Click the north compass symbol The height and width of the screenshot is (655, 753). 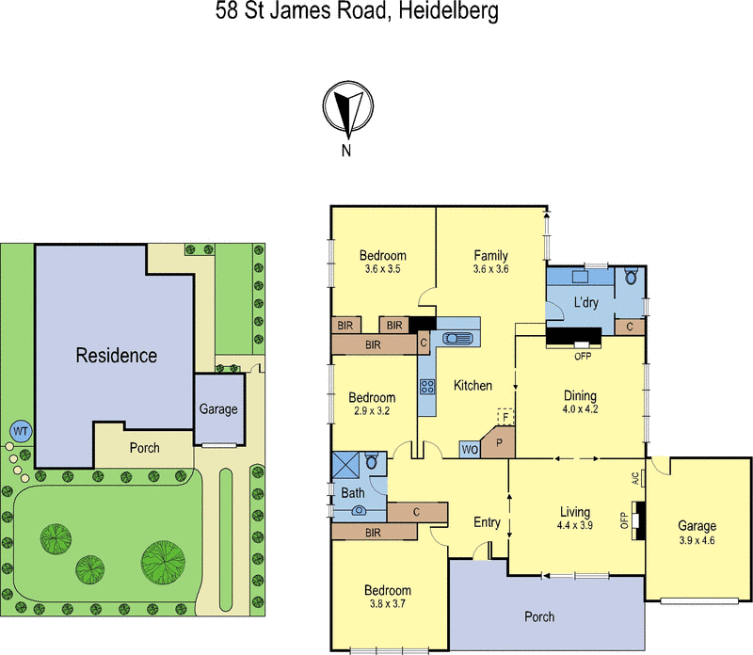(347, 109)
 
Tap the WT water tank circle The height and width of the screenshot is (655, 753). (20, 432)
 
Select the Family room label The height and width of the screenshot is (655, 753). (490, 256)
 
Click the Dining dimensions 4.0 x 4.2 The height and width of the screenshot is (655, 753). (580, 409)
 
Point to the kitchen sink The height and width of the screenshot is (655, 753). (460, 340)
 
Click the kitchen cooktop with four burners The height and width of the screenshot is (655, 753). (427, 386)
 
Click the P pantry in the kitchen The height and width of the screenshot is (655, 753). (499, 440)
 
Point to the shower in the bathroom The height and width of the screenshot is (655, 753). (344, 466)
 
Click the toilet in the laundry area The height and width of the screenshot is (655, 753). (631, 277)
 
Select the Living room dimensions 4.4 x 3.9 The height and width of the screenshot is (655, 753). (574, 525)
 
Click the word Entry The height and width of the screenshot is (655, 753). (488, 523)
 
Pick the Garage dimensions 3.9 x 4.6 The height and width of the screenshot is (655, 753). (697, 539)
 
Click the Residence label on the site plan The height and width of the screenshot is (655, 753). (117, 356)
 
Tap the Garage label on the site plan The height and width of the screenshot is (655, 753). (218, 409)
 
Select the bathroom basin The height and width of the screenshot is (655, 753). (359, 511)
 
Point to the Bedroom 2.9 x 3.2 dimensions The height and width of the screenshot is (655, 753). (372, 411)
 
